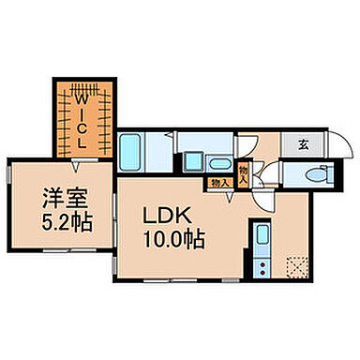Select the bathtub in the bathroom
(131, 151)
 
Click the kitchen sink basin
(262, 234)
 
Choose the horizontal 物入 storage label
(219, 183)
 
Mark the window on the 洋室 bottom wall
(66, 250)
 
